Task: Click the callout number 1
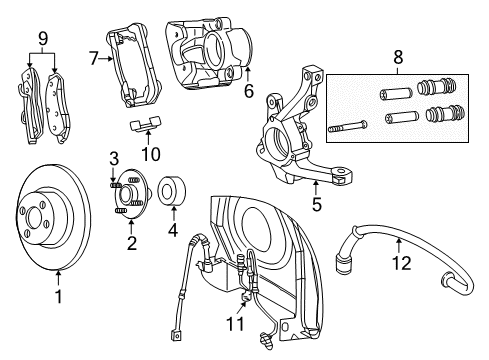(58, 296)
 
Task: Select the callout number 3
(115, 158)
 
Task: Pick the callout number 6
(248, 92)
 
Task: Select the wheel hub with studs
(129, 193)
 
